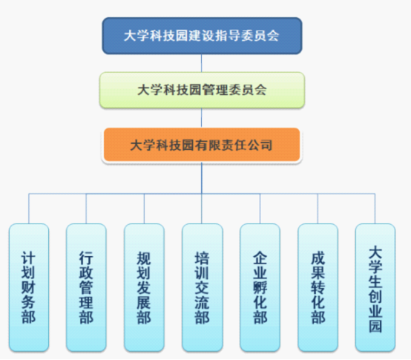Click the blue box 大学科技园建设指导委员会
coord(202,36)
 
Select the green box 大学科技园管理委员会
coord(202,90)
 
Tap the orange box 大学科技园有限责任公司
coord(202,145)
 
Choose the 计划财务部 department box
coord(29,287)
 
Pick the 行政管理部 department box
coord(86,287)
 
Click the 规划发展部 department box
coord(144,287)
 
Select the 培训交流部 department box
coord(202,287)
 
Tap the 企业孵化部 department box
coord(260,287)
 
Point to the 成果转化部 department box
coord(318,287)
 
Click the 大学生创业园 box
coord(375,287)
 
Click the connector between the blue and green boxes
coord(201,63)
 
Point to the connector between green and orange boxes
coord(201,118)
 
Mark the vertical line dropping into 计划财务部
coord(29,209)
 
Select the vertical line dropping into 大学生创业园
coord(375,209)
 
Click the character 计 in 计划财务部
coord(28,258)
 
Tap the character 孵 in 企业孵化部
coord(260,288)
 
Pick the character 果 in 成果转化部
coord(318,272)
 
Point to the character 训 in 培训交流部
coord(202,272)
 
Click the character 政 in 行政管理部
coord(86,272)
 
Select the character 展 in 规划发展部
coord(144,302)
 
